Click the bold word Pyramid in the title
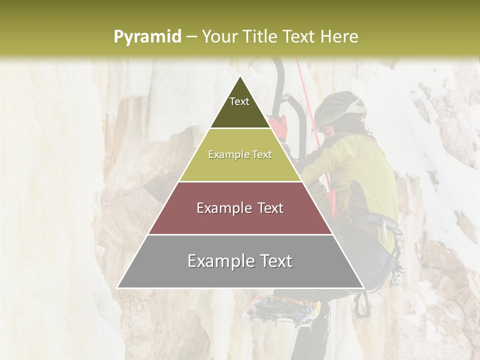[147, 36]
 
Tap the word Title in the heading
[260, 36]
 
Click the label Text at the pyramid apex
[239, 101]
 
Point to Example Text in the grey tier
[240, 261]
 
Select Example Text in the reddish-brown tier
[240, 208]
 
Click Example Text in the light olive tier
[240, 155]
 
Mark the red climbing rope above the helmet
[302, 75]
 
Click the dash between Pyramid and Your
[191, 36]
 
